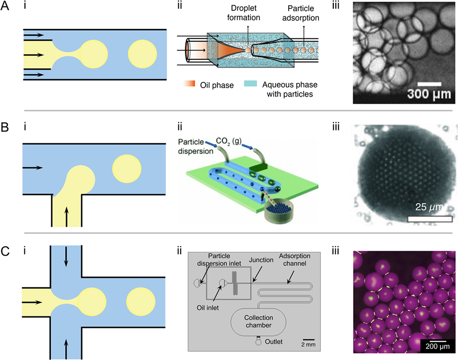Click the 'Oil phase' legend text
(x=216, y=85)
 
